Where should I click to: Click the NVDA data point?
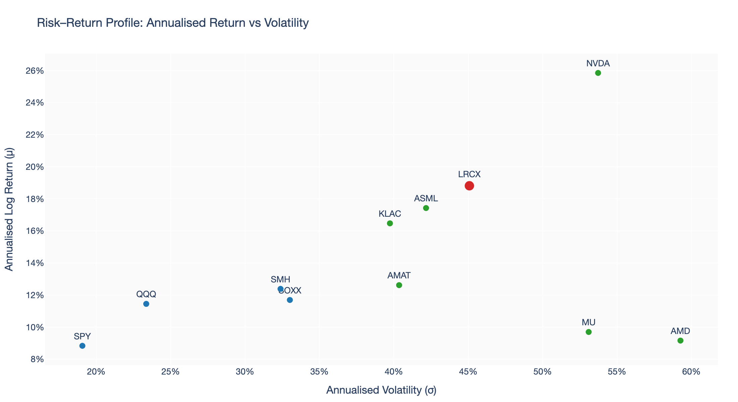click(598, 73)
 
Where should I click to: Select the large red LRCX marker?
click(469, 186)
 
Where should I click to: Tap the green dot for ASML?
click(426, 208)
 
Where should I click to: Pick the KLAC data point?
click(390, 223)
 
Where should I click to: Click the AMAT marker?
click(399, 285)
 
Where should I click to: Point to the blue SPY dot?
click(83, 346)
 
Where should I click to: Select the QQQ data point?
click(146, 304)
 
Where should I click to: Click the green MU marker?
click(588, 332)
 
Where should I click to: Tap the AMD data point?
click(680, 341)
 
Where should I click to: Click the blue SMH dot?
click(280, 289)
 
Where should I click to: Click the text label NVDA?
click(598, 63)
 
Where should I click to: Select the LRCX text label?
click(469, 174)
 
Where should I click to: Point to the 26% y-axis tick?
click(35, 71)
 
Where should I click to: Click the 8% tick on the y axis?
click(37, 359)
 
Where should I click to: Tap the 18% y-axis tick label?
click(35, 199)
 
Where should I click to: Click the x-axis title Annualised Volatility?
click(381, 390)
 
